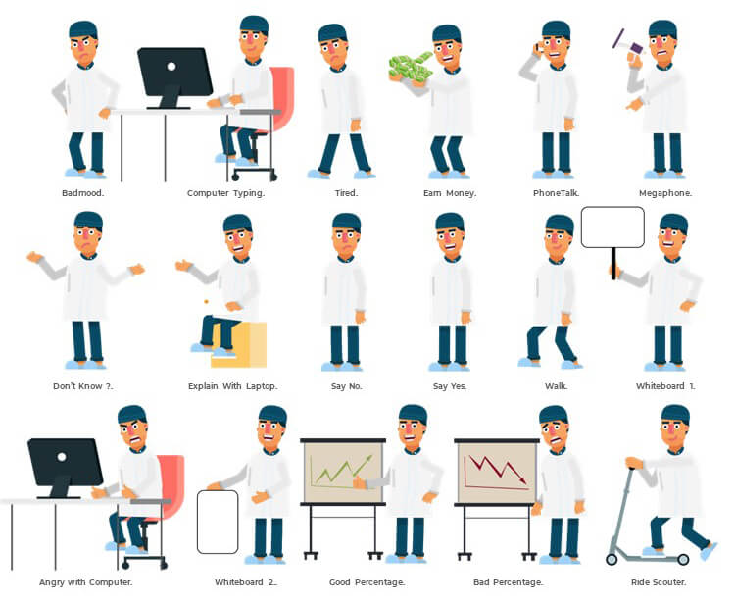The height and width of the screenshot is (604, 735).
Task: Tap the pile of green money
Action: point(411,68)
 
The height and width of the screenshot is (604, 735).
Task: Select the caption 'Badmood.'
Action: point(83,193)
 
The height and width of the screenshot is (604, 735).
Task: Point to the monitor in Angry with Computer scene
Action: point(65,468)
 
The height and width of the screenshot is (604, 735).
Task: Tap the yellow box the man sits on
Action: point(239,345)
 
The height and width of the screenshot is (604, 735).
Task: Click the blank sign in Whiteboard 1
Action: point(612,226)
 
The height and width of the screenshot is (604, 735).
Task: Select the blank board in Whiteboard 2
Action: point(218,522)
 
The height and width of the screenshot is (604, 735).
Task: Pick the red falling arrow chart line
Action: point(497,470)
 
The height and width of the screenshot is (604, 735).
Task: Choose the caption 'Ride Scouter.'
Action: point(659,582)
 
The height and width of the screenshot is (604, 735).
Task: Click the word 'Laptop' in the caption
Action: point(262,387)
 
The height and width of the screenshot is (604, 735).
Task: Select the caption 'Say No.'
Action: point(346,386)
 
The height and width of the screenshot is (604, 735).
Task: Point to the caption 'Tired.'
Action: point(346,193)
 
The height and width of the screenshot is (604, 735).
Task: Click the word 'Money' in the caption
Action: point(461,193)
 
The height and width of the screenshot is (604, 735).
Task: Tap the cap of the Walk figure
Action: point(560,224)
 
